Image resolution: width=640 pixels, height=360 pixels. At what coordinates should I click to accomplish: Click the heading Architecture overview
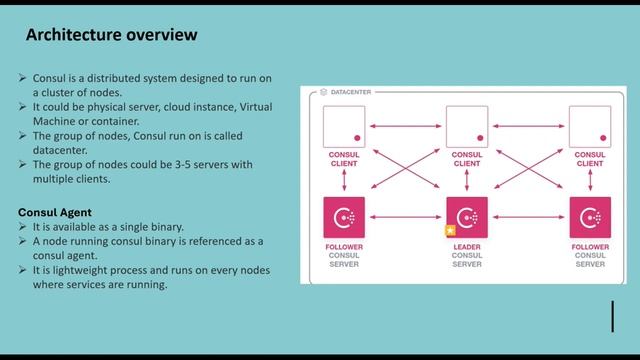(111, 35)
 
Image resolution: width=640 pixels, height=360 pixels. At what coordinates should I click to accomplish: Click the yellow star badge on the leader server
(451, 230)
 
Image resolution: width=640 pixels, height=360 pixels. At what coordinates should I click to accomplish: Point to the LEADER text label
(466, 245)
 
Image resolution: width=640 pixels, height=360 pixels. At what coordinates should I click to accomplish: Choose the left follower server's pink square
(344, 217)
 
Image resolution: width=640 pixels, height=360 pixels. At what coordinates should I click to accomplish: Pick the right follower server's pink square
(590, 217)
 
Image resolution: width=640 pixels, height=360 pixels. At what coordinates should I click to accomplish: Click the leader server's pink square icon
(467, 217)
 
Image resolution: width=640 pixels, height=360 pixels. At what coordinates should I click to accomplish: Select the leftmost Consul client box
(344, 127)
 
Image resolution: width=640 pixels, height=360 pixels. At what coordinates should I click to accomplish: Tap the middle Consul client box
(467, 127)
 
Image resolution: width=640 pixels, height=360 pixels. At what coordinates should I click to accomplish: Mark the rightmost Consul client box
(590, 127)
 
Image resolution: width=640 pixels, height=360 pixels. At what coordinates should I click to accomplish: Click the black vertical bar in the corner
(612, 315)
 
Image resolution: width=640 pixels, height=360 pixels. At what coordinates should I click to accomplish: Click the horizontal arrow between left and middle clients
(405, 127)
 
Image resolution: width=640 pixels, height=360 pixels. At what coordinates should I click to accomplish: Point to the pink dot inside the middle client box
(480, 138)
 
